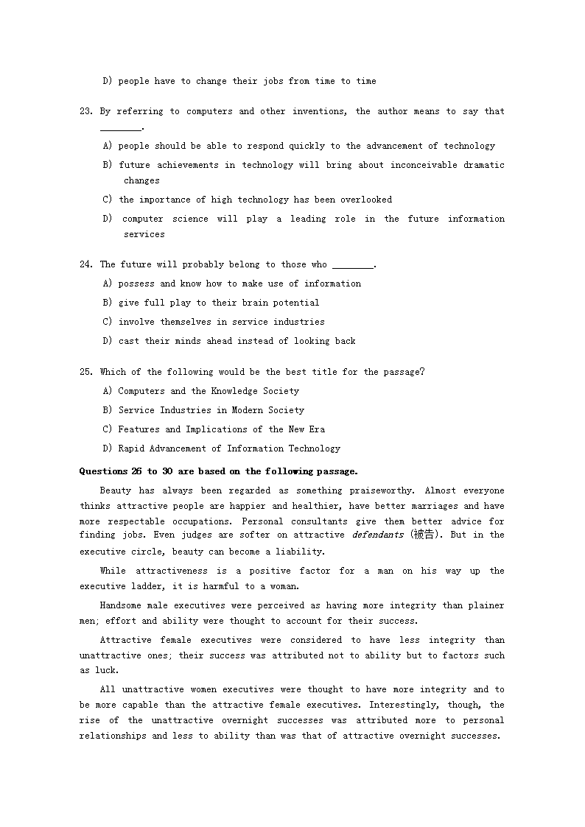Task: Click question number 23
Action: click(85, 112)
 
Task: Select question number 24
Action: click(85, 264)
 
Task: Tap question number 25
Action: click(85, 372)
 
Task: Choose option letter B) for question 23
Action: click(108, 165)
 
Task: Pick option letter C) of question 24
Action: click(108, 322)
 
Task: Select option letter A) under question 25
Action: click(108, 391)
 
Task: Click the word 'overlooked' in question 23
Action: click(366, 200)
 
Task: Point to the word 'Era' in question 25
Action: click(317, 429)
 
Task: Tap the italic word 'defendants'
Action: click(377, 535)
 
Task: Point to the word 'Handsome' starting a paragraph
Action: click(121, 605)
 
